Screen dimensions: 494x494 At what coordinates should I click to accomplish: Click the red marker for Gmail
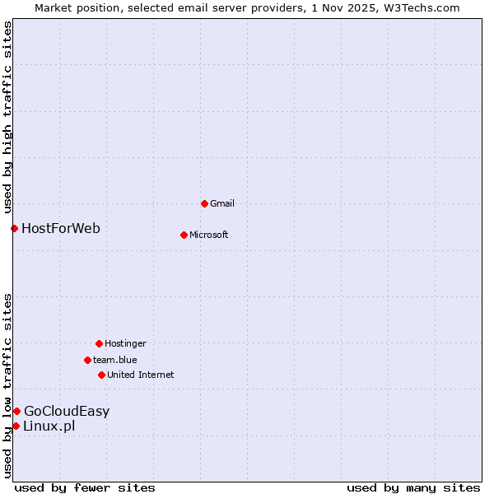point(204,203)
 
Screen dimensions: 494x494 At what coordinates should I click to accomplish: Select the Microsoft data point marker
point(184,235)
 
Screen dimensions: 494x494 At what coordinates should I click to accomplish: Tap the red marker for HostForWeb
point(14,228)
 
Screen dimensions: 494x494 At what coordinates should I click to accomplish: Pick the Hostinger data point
point(99,343)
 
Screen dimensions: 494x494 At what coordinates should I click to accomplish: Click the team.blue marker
point(87,360)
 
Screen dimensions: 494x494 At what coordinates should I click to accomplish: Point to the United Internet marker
point(101,375)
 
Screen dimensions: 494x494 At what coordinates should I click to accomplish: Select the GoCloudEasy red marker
point(16,411)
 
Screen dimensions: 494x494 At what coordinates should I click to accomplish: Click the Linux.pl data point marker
point(16,426)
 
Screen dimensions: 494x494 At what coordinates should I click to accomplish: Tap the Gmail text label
point(222,203)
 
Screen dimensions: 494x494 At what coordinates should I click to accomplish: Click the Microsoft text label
point(209,235)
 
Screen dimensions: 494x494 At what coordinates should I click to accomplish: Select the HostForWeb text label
point(61,228)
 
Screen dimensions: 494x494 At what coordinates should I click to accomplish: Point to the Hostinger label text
point(125,343)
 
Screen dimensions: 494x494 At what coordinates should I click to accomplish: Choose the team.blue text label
point(115,360)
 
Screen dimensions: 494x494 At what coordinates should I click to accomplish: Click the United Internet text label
point(141,375)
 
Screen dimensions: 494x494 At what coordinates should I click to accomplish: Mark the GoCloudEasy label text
point(67,411)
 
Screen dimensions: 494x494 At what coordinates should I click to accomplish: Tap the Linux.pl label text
point(49,426)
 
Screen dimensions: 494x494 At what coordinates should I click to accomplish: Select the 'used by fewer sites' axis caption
point(85,487)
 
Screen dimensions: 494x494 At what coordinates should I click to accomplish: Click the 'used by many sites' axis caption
point(413,487)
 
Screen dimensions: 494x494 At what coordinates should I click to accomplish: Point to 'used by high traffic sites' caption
point(7,117)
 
